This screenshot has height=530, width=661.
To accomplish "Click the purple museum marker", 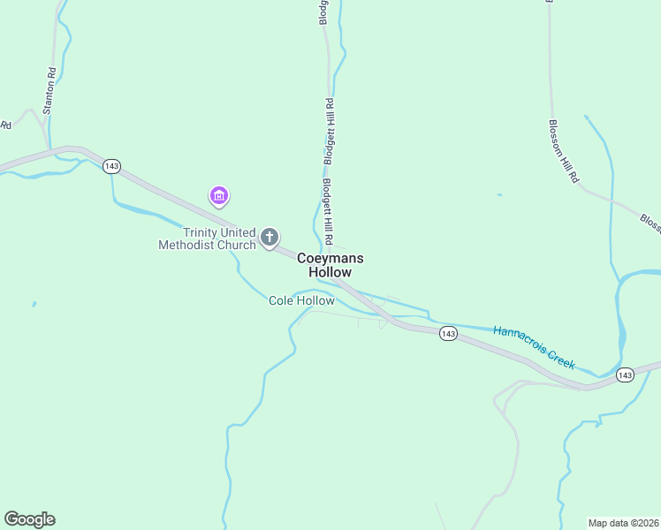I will pos(219,195).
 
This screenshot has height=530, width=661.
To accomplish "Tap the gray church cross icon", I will pos(270,238).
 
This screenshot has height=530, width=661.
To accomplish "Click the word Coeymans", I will pos(330,258).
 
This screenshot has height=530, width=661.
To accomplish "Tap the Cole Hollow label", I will pos(301,301).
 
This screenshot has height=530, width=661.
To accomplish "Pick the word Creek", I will pos(561,357).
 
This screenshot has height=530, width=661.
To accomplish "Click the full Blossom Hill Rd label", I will pos(563,151).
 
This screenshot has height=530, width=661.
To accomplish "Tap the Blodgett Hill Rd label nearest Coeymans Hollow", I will pos(326,213).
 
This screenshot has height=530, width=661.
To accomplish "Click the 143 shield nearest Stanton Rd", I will pos(111,166).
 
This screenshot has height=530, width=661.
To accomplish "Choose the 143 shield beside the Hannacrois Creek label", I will pos(448,333).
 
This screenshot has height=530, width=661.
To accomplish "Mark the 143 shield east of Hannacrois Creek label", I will pos(626,375).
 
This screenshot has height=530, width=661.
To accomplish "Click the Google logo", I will pos(29,519).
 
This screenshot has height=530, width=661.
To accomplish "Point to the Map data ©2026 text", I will pos(623,522).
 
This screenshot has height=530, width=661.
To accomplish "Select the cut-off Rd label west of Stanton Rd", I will pos(5,125).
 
